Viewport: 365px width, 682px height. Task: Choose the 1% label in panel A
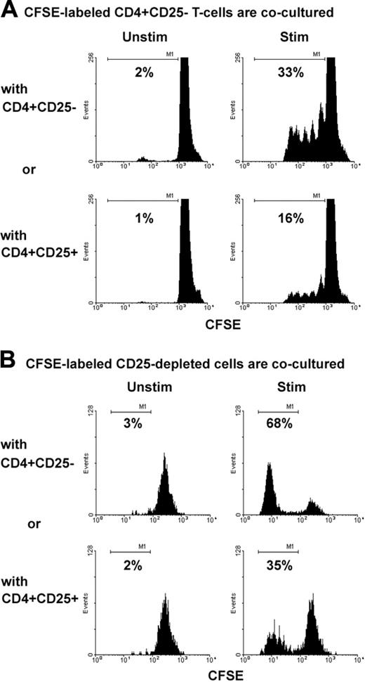click(147, 219)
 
